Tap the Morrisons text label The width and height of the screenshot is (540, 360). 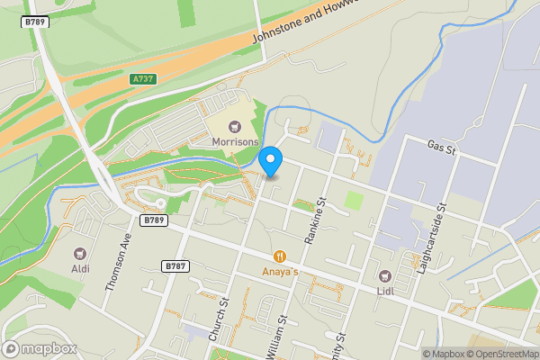(x=236, y=142)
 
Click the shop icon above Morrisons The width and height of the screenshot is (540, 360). (x=236, y=128)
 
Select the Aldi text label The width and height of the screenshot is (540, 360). (x=81, y=268)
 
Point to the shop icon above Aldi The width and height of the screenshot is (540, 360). (x=81, y=254)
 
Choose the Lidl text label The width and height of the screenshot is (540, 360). (x=386, y=289)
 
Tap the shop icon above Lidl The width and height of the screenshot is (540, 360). (x=386, y=274)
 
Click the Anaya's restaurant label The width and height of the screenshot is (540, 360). (x=281, y=270)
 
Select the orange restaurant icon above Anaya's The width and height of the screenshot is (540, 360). (x=281, y=256)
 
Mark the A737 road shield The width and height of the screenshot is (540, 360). (x=142, y=79)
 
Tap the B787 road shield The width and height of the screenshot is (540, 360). (x=175, y=266)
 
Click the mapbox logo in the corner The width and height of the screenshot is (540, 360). (x=40, y=348)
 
